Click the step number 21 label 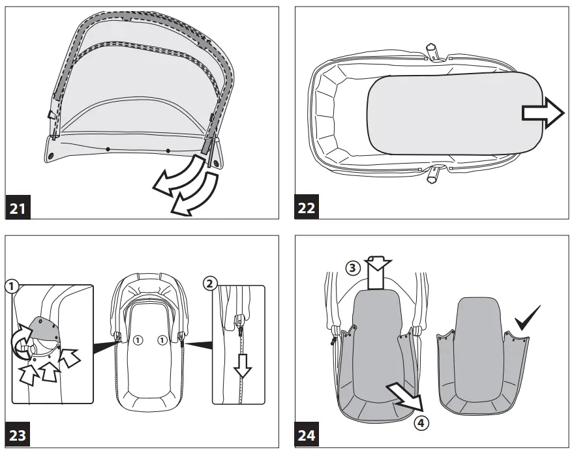(19, 209)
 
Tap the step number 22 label (307, 209)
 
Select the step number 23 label (19, 435)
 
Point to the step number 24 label (307, 435)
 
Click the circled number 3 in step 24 (352, 267)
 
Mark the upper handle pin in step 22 (431, 50)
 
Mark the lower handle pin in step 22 (432, 176)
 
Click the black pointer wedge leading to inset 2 (199, 341)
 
